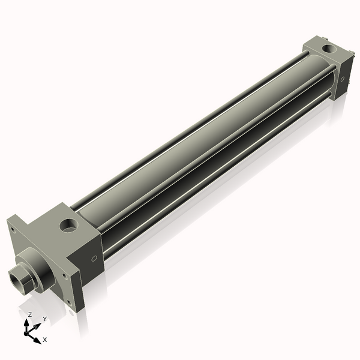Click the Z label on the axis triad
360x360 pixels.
(x=29, y=314)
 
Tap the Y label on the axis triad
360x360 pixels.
(x=44, y=319)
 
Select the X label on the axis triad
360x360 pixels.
(x=45, y=340)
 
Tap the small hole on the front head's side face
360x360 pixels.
(x=94, y=259)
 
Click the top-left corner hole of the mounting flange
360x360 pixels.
(x=11, y=229)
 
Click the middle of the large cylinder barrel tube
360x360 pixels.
(x=198, y=144)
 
